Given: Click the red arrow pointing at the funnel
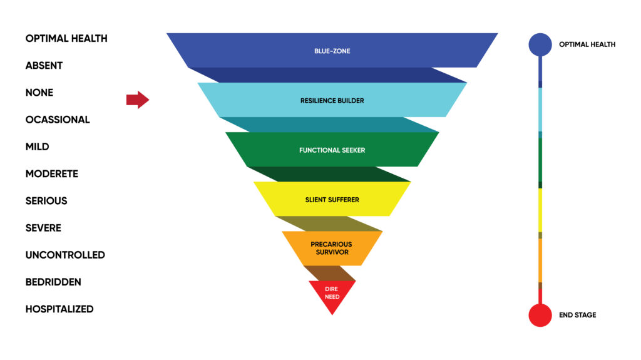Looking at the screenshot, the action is (x=138, y=100).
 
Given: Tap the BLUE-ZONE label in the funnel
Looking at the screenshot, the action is (x=332, y=51).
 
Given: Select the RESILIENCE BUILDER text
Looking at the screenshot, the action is (x=332, y=101).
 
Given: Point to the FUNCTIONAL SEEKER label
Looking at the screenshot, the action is (x=332, y=150).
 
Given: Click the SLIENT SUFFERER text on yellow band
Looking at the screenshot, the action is (x=332, y=200).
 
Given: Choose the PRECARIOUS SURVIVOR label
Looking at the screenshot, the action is (x=332, y=248).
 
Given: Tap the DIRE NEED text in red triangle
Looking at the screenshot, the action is (x=332, y=293).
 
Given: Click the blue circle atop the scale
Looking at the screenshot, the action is (x=540, y=44).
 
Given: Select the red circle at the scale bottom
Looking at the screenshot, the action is (x=540, y=315).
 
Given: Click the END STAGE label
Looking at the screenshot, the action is (x=577, y=315).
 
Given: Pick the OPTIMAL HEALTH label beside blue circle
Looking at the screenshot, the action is (x=587, y=44).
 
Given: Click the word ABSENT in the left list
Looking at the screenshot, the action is (x=44, y=66).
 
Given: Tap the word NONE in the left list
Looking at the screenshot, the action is (x=39, y=93).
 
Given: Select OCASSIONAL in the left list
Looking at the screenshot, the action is (x=58, y=120).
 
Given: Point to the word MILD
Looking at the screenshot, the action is (x=37, y=147).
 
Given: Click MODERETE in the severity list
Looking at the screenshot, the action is (x=51, y=174).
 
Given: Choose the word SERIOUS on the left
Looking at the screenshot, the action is (x=46, y=201).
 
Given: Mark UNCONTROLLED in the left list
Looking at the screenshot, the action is (x=65, y=255).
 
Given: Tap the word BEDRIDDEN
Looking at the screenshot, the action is (x=53, y=282).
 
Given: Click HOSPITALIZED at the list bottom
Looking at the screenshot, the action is (x=59, y=309).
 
